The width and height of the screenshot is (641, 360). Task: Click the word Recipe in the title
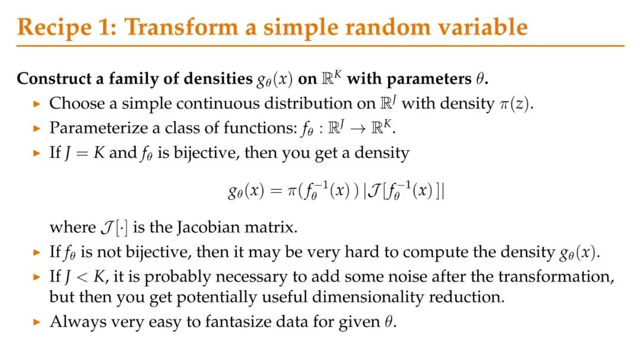[55, 28]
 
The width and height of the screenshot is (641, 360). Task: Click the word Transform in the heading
[181, 27]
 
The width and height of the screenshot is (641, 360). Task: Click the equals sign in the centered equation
[276, 191]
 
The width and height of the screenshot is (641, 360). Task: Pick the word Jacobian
[208, 227]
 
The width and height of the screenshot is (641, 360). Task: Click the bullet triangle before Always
[37, 323]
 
